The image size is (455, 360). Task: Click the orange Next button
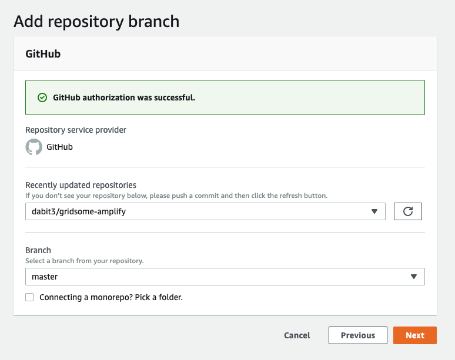pyautogui.click(x=414, y=335)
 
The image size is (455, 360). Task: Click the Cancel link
pyautogui.click(x=297, y=335)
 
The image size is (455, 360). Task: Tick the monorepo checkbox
pyautogui.click(x=29, y=297)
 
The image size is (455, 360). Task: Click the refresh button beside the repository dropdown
pyautogui.click(x=408, y=211)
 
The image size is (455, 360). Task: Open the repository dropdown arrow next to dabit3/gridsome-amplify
pyautogui.click(x=374, y=211)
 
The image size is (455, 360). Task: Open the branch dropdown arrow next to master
pyautogui.click(x=414, y=277)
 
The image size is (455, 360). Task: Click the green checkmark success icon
pyautogui.click(x=42, y=97)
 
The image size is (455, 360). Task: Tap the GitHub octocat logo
pyautogui.click(x=34, y=147)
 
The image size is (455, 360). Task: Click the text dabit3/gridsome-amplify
pyautogui.click(x=79, y=211)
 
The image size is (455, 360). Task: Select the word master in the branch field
pyautogui.click(x=45, y=277)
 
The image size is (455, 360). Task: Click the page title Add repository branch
pyautogui.click(x=96, y=22)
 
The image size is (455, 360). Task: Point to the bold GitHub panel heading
pyautogui.click(x=43, y=54)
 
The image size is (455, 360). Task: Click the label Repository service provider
pyautogui.click(x=76, y=130)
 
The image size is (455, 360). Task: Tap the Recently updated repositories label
pyautogui.click(x=81, y=185)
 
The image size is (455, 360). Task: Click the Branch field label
pyautogui.click(x=38, y=250)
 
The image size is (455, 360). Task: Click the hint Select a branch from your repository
pyautogui.click(x=85, y=261)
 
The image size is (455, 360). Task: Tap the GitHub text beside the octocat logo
pyautogui.click(x=59, y=147)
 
